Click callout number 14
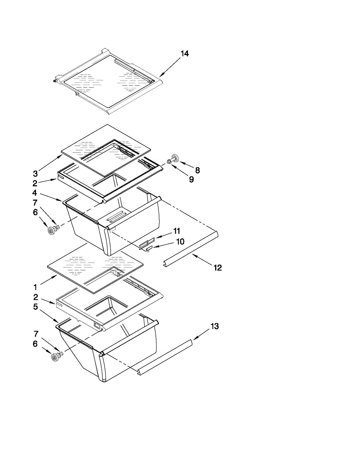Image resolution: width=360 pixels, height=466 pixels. [185, 54]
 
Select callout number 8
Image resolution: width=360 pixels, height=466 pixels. [198, 170]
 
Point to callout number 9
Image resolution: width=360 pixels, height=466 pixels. [191, 180]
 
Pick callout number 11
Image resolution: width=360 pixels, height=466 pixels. [177, 231]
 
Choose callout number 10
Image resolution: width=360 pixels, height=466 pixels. [180, 242]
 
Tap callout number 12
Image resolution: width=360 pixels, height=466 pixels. [217, 268]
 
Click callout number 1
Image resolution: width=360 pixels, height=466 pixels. [35, 287]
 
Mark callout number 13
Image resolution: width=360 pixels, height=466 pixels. [215, 326]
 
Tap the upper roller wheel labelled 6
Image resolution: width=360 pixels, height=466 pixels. [51, 231]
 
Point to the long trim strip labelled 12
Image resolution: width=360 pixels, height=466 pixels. [190, 249]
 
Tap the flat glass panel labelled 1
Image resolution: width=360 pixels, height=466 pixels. [95, 268]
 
